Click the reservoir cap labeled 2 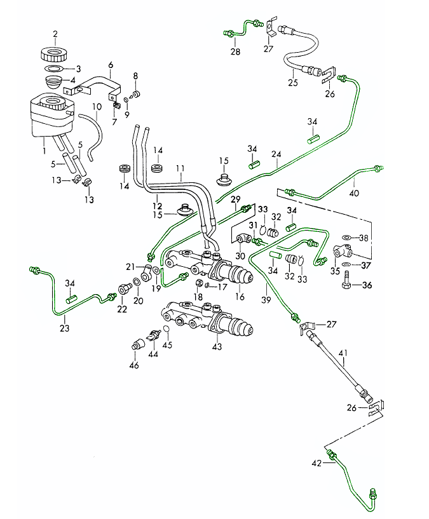[55, 52]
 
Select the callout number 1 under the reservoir [43, 152]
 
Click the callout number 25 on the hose [293, 82]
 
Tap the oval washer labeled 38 [346, 238]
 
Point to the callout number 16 [240, 297]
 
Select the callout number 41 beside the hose [344, 353]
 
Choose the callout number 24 [276, 154]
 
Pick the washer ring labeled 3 [55, 68]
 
